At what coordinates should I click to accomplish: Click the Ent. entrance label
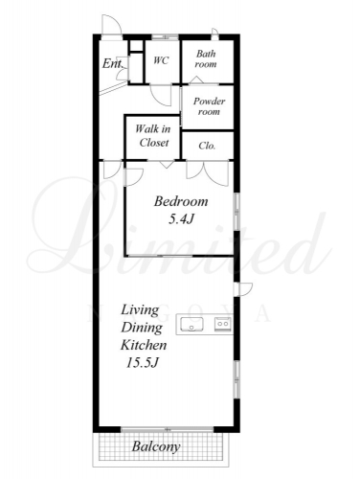[x=113, y=63]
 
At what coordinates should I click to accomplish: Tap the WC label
[x=161, y=60]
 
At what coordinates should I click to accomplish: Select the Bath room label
[x=206, y=58]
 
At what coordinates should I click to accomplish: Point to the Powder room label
[x=209, y=106]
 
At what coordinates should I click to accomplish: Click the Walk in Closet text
[x=153, y=136]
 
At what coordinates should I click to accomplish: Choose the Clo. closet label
[x=207, y=146]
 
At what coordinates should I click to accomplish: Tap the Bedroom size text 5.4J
[x=181, y=219]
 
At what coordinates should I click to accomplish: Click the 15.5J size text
[x=143, y=363]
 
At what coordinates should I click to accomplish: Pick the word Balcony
[x=156, y=446]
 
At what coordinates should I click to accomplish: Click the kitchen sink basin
[x=191, y=325]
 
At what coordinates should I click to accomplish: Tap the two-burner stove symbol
[x=222, y=324]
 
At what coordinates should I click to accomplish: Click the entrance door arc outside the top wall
[x=112, y=23]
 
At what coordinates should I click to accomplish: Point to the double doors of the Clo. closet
[x=208, y=172]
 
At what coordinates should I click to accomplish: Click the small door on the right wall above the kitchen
[x=243, y=289]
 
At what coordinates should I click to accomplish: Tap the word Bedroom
[x=181, y=201]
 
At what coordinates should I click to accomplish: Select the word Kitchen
[x=144, y=345]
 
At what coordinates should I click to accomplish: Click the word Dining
[x=142, y=328]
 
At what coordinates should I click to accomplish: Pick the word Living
[x=140, y=310]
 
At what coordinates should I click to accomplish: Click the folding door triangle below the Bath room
[x=196, y=80]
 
